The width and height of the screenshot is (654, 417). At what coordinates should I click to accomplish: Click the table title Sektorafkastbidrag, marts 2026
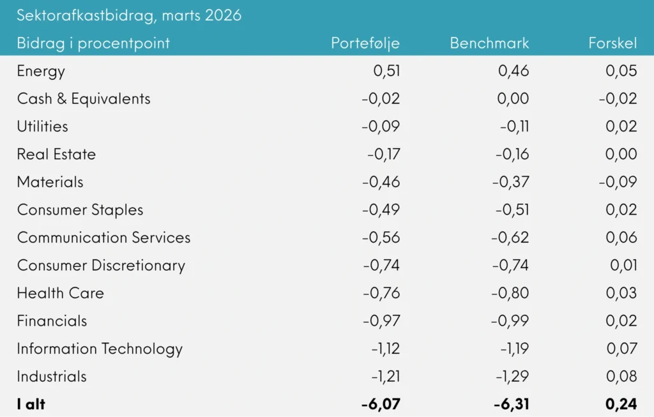[129, 15]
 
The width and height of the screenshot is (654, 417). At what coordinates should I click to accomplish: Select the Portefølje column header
[365, 43]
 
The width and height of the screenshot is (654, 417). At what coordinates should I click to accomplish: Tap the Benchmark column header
[489, 43]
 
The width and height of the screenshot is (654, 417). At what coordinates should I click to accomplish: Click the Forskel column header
[612, 43]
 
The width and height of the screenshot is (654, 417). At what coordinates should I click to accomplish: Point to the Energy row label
[41, 71]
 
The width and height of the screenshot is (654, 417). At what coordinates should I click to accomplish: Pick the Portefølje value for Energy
[386, 71]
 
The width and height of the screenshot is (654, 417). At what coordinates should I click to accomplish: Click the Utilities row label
[42, 126]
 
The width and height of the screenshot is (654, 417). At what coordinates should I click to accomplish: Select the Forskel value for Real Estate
[621, 154]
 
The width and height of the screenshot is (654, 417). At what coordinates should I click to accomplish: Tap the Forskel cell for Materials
[618, 182]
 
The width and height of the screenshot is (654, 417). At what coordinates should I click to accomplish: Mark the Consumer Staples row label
[80, 210]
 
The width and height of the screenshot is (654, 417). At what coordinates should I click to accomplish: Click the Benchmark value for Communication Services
[510, 238]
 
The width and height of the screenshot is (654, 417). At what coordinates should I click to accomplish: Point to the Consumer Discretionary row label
[101, 265]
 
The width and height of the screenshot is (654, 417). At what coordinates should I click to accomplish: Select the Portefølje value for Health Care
[381, 293]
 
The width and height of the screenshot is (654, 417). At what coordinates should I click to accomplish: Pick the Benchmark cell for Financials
[510, 321]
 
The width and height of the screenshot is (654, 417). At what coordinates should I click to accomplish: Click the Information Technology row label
[100, 349]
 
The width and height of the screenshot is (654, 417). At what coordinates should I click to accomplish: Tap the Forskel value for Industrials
[621, 376]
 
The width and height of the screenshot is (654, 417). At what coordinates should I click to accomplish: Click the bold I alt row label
[31, 404]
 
